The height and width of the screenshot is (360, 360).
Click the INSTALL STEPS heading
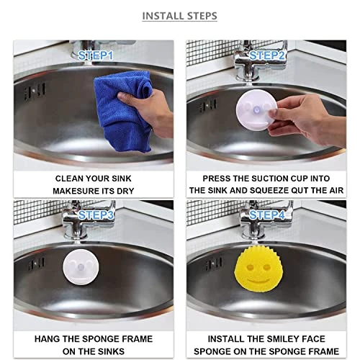(x=180, y=16)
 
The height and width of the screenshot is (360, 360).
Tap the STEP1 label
(x=96, y=56)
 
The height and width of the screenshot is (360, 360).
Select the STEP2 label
(x=267, y=56)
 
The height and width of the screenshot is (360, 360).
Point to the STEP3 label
(x=96, y=215)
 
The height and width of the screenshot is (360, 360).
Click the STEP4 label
(x=267, y=215)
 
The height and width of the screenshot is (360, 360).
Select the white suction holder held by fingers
(x=256, y=110)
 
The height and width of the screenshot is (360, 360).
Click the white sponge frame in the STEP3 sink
(x=81, y=267)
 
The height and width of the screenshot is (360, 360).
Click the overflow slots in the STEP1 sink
(x=35, y=91)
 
